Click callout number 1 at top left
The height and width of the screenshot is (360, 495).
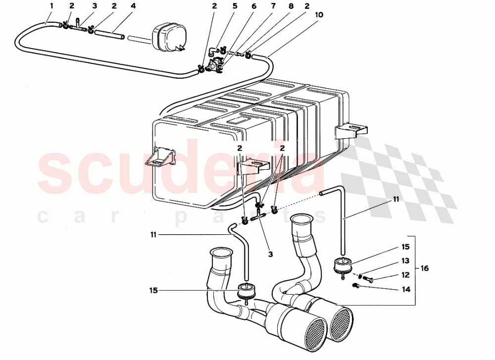pyautogui.click(x=52, y=6)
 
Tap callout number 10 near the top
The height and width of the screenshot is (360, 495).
pyautogui.click(x=319, y=15)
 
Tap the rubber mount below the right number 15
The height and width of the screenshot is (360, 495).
pyautogui.click(x=343, y=266)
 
